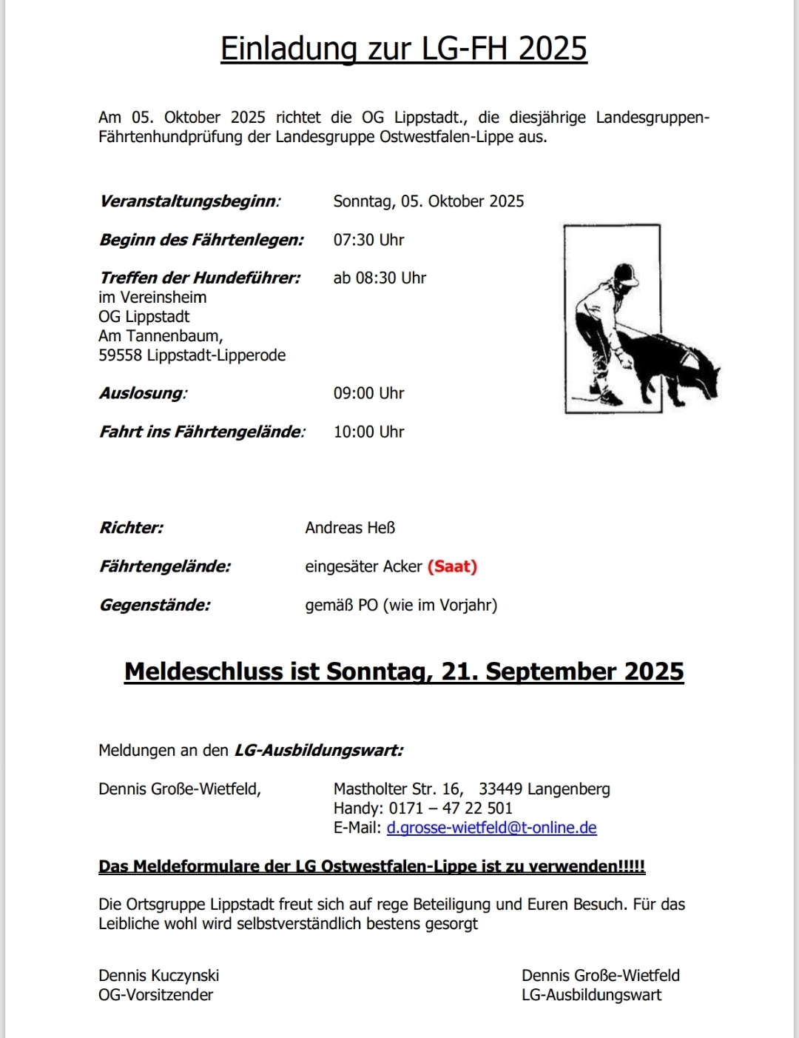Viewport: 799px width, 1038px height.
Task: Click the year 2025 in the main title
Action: tap(552, 49)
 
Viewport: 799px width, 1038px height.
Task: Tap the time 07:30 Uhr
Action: tap(368, 240)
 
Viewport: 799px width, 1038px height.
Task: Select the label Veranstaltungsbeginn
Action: tap(189, 201)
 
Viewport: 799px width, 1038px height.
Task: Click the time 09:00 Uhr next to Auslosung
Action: tap(368, 393)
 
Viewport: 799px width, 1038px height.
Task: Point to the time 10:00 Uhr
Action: tap(368, 432)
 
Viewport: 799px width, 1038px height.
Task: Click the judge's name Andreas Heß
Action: tap(350, 528)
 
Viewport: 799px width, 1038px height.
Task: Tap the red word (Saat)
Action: tap(452, 566)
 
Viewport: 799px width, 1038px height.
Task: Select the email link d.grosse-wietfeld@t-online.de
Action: tap(491, 828)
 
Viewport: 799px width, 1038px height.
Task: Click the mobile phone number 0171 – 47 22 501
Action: tap(451, 808)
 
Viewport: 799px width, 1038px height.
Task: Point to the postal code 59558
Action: tap(120, 355)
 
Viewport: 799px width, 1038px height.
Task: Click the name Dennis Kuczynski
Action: tap(158, 976)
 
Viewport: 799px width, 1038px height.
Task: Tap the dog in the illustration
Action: tap(670, 366)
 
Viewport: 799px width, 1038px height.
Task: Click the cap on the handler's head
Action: tap(626, 274)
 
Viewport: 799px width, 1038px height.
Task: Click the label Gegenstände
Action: tap(155, 605)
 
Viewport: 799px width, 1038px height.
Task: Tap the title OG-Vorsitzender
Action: tap(155, 995)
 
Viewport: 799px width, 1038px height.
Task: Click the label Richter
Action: tap(131, 528)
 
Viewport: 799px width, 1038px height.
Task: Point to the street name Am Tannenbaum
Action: tap(160, 336)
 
